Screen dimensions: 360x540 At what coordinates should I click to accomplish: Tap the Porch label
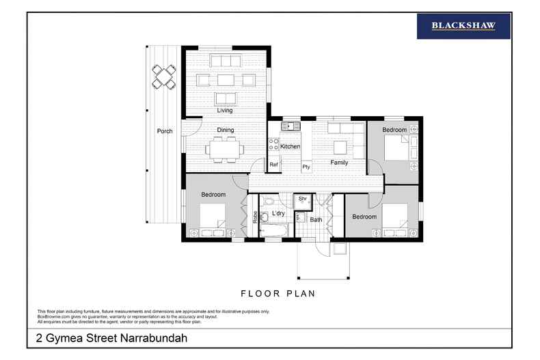[164, 131]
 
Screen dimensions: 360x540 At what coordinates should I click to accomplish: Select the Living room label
[224, 110]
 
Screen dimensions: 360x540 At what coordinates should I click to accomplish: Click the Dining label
[226, 130]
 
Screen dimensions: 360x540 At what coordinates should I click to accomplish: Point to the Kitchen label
[290, 146]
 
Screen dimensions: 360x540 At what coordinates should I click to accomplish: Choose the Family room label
[339, 163]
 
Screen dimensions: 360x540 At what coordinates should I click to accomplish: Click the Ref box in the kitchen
[273, 165]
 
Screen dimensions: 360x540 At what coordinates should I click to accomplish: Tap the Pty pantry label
[306, 166]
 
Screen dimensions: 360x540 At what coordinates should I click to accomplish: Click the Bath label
[315, 220]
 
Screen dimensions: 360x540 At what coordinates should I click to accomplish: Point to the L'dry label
[278, 214]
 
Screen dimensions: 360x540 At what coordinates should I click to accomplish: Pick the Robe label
[255, 218]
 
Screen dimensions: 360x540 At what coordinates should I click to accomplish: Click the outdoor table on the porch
[163, 77]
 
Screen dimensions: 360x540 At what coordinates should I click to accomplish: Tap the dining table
[224, 148]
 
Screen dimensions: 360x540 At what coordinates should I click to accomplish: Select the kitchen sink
[290, 126]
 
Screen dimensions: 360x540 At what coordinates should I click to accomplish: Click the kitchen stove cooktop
[273, 145]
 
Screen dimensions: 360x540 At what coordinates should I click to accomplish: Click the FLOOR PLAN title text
[276, 294]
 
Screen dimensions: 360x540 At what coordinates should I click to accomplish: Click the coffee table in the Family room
[340, 147]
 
